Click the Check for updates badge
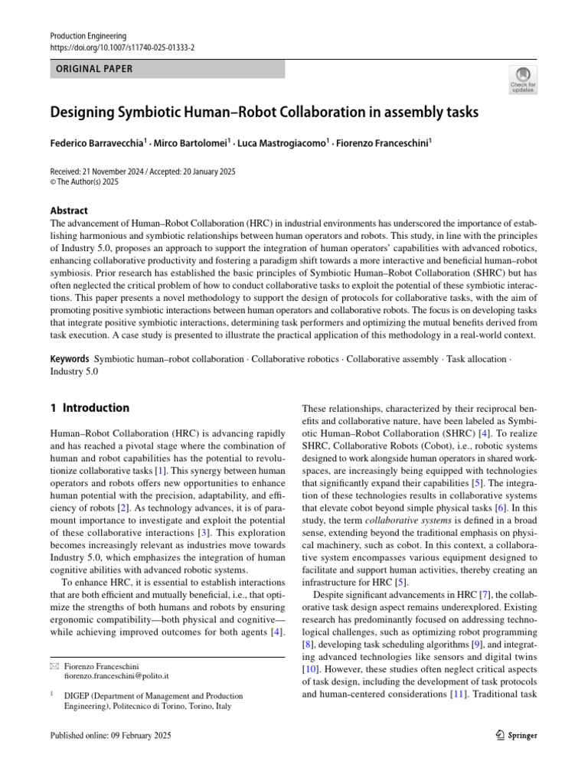(x=523, y=80)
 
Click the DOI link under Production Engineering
(x=122, y=47)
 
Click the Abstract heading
(x=69, y=211)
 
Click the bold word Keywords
(x=70, y=358)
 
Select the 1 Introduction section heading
(x=90, y=408)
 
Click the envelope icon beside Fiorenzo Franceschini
(x=54, y=667)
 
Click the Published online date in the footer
(x=110, y=735)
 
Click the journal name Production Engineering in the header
(x=88, y=36)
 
